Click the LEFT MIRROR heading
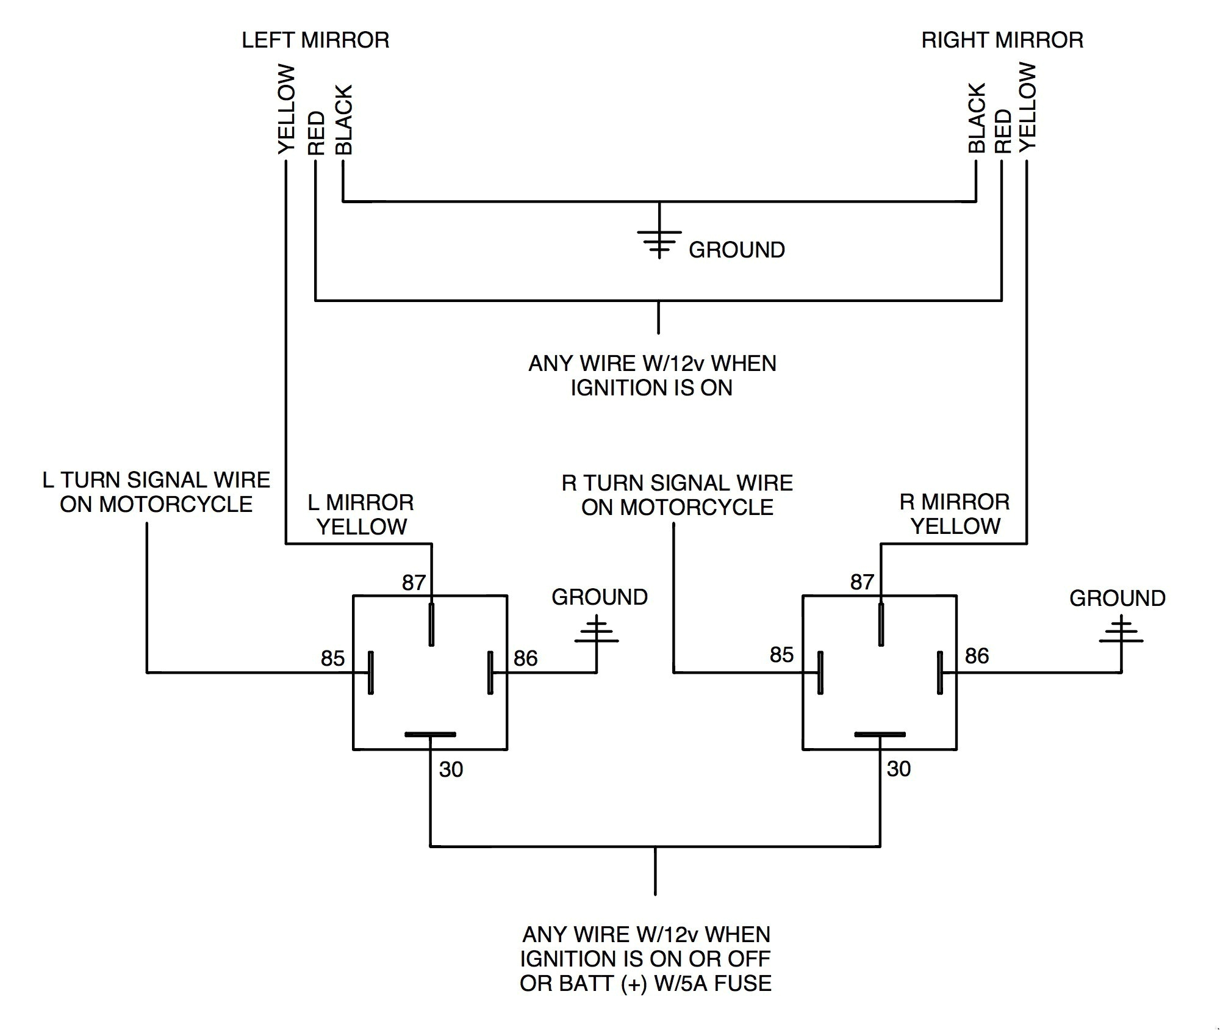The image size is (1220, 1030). (x=315, y=40)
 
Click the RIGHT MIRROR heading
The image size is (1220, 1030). (x=1002, y=40)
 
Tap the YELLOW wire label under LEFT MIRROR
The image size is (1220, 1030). (x=286, y=110)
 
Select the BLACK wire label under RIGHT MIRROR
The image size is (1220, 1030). (x=976, y=118)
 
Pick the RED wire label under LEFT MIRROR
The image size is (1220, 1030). (x=316, y=132)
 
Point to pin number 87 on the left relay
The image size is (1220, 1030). (x=413, y=583)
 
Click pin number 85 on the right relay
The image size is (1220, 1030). (x=781, y=655)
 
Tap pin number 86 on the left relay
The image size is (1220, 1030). (x=525, y=658)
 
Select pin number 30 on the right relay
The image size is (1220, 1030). (x=899, y=769)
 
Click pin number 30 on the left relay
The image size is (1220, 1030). (x=451, y=769)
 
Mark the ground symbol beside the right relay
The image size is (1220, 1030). (x=1121, y=635)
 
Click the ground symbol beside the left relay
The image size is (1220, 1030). (x=596, y=635)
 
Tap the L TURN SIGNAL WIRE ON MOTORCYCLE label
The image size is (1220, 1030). (x=156, y=492)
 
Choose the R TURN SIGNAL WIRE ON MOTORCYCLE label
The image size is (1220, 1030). (x=677, y=495)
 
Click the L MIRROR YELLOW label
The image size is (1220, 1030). (x=361, y=514)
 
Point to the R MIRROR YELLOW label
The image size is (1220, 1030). (x=955, y=514)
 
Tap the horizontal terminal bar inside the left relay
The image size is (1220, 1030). (x=430, y=734)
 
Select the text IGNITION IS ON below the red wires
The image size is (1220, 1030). (x=651, y=388)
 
